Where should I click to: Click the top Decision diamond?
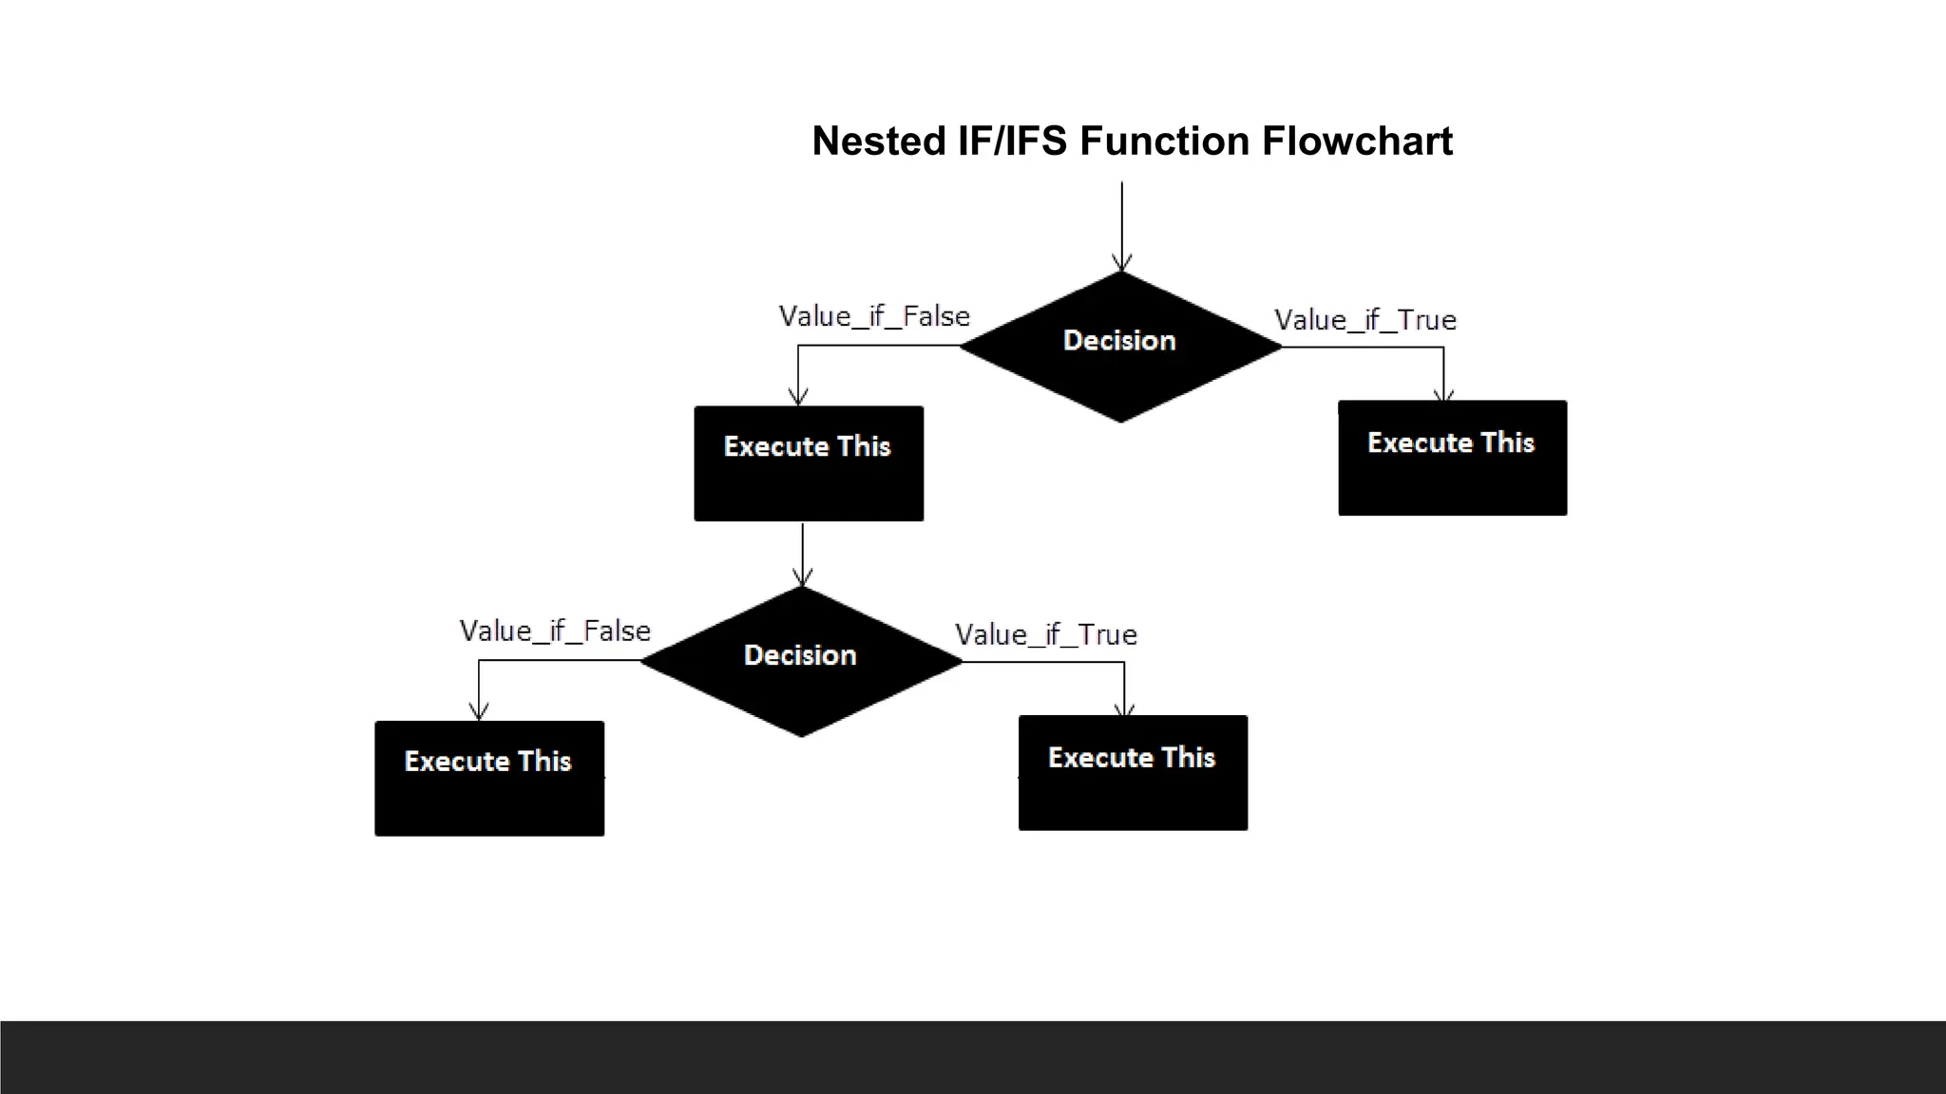click(x=1120, y=347)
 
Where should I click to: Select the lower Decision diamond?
click(x=801, y=661)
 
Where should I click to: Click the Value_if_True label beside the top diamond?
click(x=1364, y=320)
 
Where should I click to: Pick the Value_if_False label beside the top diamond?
click(x=874, y=316)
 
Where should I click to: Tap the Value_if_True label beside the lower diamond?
click(x=1045, y=634)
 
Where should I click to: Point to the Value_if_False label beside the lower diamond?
click(x=555, y=631)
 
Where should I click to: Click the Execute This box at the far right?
click(x=1452, y=459)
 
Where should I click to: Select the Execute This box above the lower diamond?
click(x=809, y=463)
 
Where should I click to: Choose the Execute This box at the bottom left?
click(x=489, y=779)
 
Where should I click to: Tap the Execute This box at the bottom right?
click(x=1133, y=773)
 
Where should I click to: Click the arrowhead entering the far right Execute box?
click(x=1443, y=393)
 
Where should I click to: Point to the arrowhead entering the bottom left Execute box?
click(x=479, y=711)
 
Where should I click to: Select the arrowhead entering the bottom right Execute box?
click(x=1124, y=708)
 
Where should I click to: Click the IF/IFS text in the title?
click(x=1012, y=141)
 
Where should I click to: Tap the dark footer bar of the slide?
click(x=973, y=1057)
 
